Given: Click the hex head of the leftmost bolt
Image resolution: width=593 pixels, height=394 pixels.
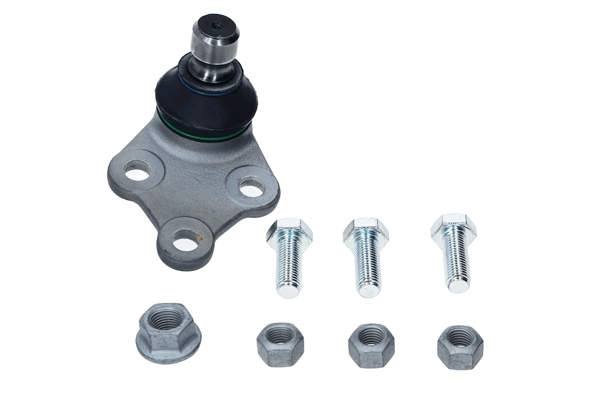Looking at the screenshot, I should [x=290, y=228].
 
